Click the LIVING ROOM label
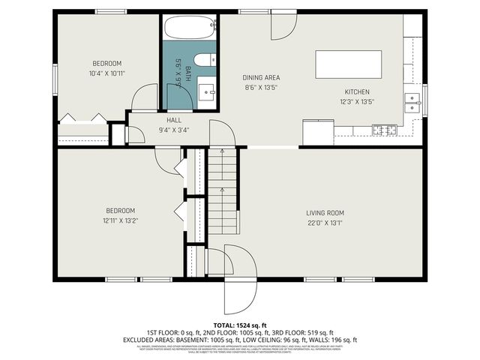[325, 212]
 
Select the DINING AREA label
[261, 77]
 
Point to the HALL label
[174, 120]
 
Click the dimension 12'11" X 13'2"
[120, 220]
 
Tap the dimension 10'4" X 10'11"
[107, 73]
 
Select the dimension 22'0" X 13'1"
[325, 222]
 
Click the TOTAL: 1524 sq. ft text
[240, 323]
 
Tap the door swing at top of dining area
[283, 27]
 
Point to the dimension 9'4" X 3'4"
[174, 130]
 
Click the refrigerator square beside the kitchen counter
[318, 132]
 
